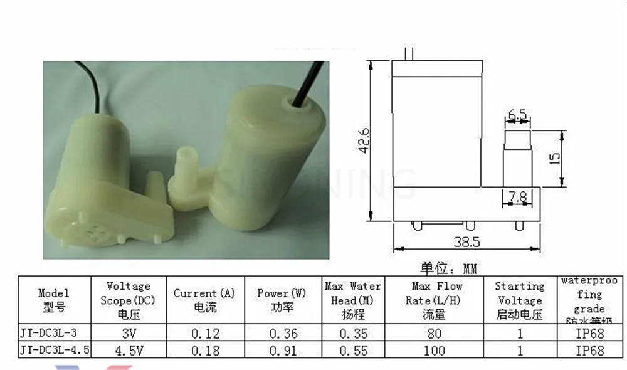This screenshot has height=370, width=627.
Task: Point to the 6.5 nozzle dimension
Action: [517, 115]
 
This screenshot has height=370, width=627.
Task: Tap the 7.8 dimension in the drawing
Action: [518, 196]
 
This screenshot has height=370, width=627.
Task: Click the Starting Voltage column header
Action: [520, 300]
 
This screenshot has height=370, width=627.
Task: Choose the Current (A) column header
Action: [204, 300]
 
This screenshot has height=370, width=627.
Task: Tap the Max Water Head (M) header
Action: [353, 300]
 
